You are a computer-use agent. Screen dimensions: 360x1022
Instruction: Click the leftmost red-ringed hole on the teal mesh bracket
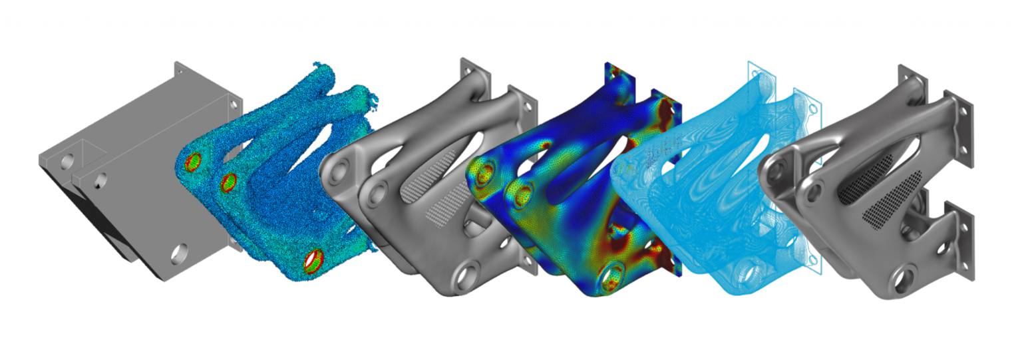[192, 162]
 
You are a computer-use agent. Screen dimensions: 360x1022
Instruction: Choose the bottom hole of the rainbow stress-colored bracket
[612, 275]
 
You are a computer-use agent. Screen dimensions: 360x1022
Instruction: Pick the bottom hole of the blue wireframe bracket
[752, 273]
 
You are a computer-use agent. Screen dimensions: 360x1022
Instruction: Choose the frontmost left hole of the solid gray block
[67, 160]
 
